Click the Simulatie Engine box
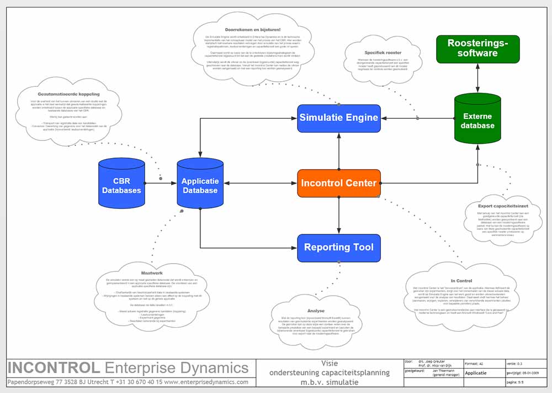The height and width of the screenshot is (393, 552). [x=339, y=118]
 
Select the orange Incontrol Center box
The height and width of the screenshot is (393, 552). [x=339, y=183]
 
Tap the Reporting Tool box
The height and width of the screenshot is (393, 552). [x=339, y=247]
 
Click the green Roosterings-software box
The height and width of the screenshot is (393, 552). [x=477, y=49]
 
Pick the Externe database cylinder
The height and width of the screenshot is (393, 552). [x=477, y=121]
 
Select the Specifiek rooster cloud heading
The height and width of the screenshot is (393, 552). [x=379, y=53]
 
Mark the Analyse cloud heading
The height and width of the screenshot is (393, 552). [x=316, y=311]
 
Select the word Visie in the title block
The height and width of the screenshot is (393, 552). [x=330, y=363]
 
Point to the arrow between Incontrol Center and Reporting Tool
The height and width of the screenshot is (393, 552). [x=339, y=216]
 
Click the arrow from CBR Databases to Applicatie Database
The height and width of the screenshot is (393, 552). [x=161, y=183]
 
